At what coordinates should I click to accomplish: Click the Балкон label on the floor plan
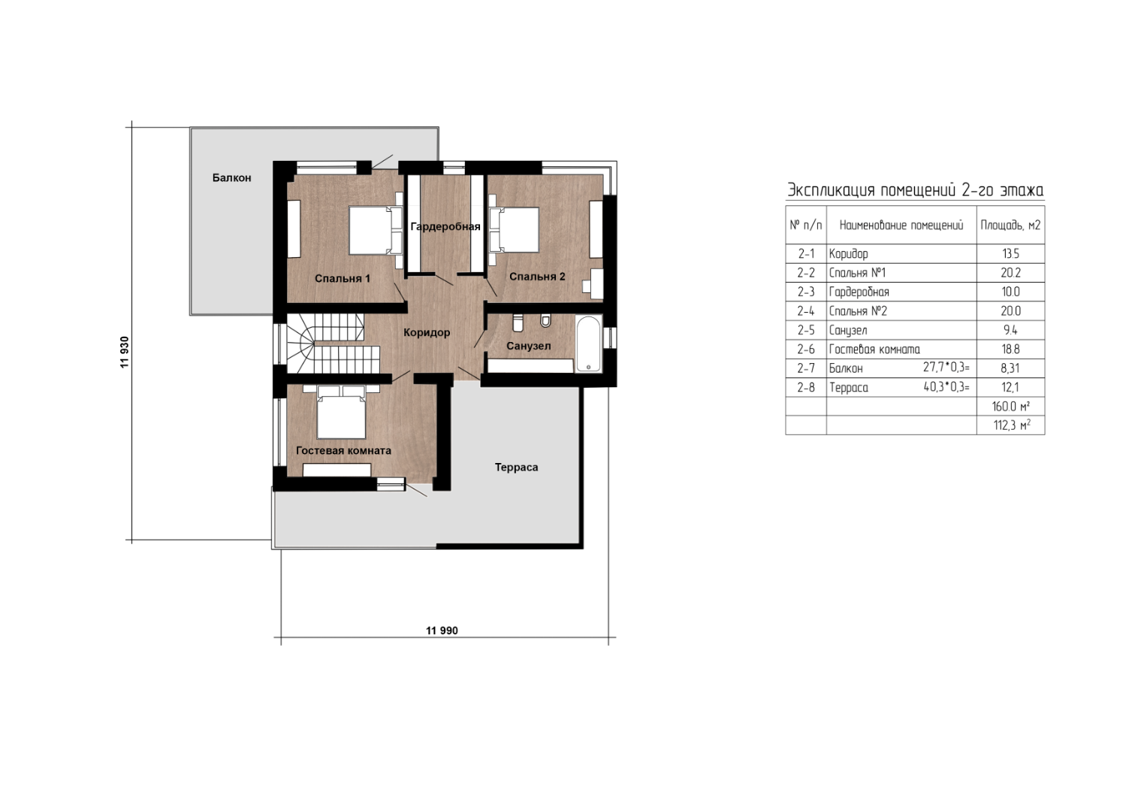(x=231, y=178)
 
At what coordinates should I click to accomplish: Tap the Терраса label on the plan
(x=516, y=468)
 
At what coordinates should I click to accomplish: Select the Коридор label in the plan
(x=427, y=332)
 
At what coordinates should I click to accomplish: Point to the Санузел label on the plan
(x=529, y=346)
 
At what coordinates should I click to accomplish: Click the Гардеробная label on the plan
(x=445, y=226)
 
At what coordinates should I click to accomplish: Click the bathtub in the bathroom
(x=588, y=343)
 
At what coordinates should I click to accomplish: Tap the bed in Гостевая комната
(x=341, y=412)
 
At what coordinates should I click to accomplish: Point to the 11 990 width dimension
(x=442, y=631)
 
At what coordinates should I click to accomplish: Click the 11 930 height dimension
(x=125, y=352)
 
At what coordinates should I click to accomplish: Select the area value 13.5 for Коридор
(x=1010, y=253)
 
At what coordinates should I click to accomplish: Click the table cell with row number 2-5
(x=806, y=330)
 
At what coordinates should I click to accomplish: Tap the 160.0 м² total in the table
(x=1011, y=407)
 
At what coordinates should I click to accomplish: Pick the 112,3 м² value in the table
(x=1012, y=425)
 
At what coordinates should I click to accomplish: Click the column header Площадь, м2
(x=1010, y=225)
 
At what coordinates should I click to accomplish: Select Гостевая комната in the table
(x=874, y=350)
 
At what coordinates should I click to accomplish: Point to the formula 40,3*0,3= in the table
(x=946, y=387)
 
